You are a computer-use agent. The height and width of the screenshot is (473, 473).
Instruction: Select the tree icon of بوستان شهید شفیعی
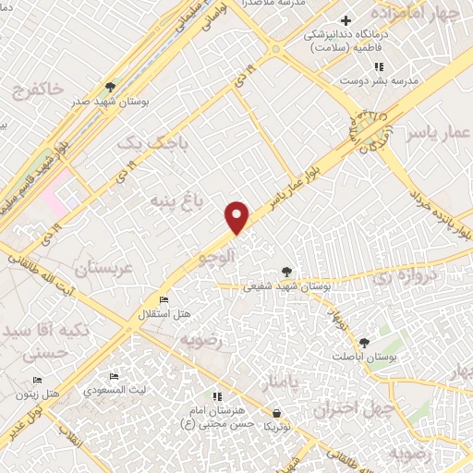click(x=287, y=271)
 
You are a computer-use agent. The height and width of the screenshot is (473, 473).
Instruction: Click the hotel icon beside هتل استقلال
click(x=164, y=300)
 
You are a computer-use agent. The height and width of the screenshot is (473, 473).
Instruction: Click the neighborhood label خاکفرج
click(x=39, y=90)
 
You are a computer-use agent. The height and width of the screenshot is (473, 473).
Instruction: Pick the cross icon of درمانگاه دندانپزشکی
click(x=346, y=20)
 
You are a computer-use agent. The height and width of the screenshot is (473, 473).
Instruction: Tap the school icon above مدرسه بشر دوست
click(x=378, y=67)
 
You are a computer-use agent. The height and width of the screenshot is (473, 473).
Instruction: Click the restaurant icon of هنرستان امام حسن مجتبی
click(x=217, y=396)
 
